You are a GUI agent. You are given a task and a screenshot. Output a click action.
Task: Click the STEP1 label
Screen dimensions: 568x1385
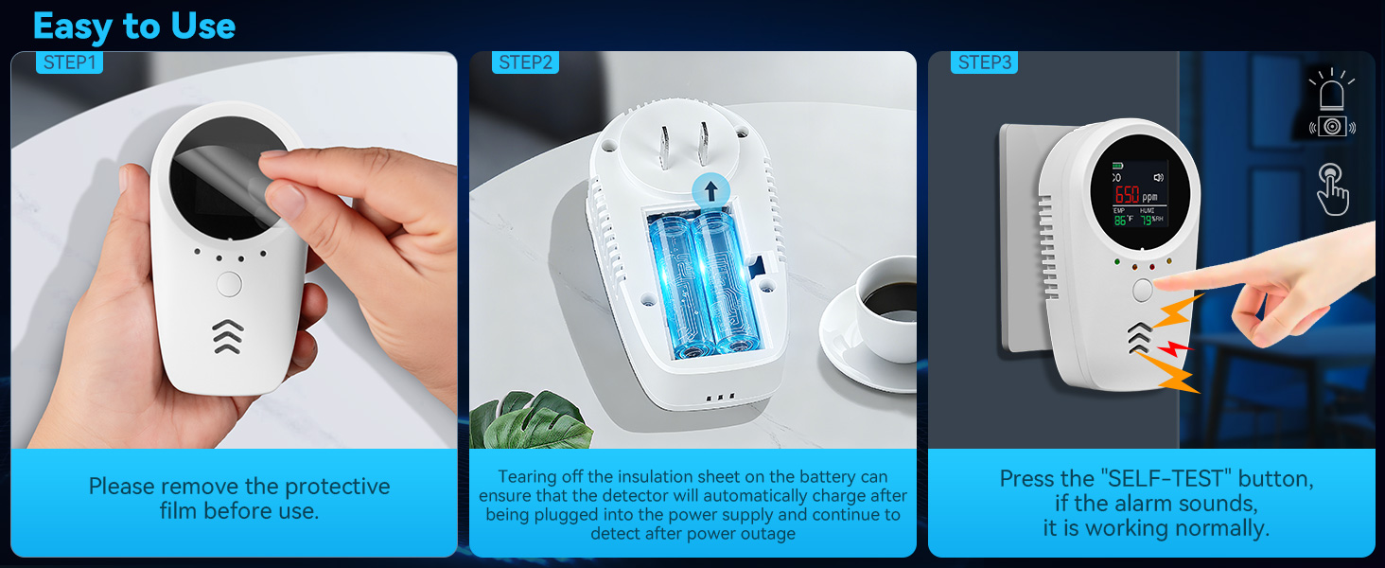coord(68,62)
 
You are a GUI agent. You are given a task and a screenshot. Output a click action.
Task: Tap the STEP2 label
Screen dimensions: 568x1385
coord(525,62)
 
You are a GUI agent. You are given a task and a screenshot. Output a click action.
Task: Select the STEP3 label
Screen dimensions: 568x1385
coord(985,62)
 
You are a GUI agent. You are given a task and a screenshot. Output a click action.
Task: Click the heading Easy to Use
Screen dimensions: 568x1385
coord(133,27)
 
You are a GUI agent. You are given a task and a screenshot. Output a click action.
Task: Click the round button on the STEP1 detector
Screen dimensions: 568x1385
coord(229,283)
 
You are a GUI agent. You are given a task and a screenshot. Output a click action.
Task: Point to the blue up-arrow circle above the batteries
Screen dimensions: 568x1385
coord(710,188)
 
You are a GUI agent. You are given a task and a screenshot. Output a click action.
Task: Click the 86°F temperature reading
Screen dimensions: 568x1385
coord(1124,220)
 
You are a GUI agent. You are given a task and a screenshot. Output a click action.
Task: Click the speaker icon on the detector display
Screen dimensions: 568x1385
coord(1158,177)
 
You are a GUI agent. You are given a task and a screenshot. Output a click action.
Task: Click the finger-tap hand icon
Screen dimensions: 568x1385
coord(1332,187)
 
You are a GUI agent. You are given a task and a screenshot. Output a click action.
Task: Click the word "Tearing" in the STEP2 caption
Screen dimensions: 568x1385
coord(527,477)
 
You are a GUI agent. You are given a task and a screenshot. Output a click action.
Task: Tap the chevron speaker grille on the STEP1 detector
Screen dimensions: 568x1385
coord(228,336)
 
